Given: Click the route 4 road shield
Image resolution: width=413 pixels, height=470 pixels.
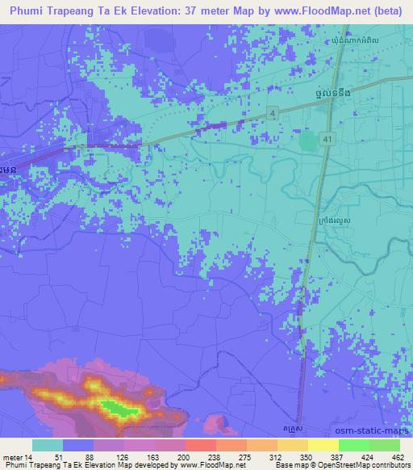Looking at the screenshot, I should [x=274, y=111].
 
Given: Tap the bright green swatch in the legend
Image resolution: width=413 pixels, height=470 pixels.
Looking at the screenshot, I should [x=353, y=445].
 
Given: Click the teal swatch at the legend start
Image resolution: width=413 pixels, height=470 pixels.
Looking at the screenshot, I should [x=48, y=445].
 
